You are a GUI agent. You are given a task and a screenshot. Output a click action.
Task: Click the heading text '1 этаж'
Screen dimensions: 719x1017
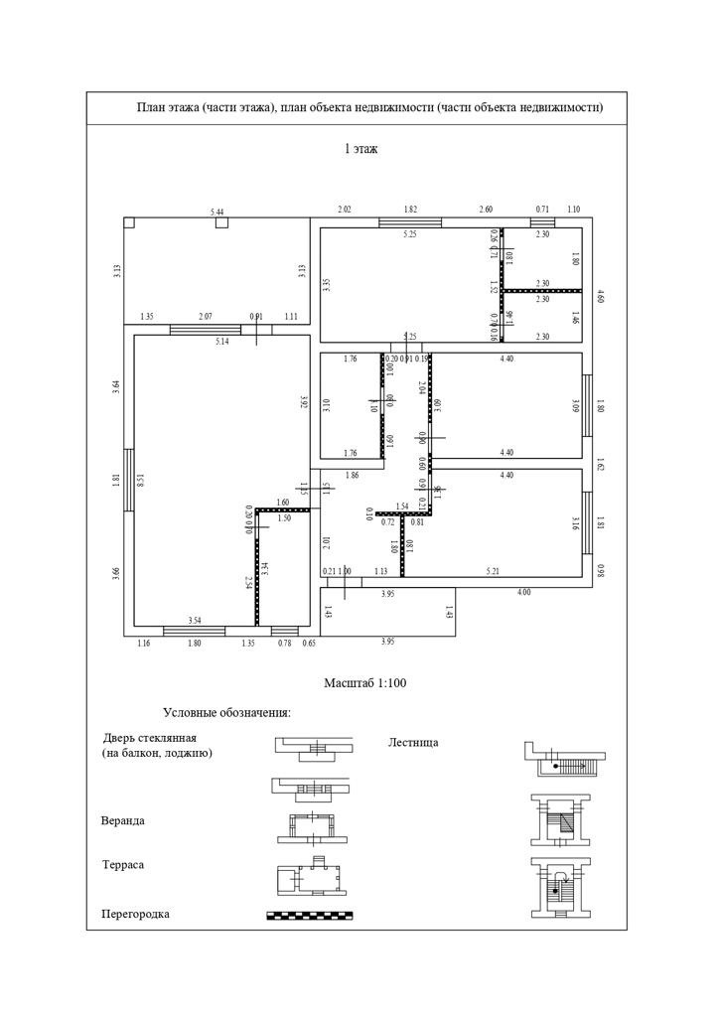point(360,149)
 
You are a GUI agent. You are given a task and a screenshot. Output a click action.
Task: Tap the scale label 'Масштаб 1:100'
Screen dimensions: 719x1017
point(365,683)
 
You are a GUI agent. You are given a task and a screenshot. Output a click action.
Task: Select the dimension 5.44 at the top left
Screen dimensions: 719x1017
point(216,213)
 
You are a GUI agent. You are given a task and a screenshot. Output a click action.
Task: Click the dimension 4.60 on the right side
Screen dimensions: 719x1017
point(599,295)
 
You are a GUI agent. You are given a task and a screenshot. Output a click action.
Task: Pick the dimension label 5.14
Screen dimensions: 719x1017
point(222,342)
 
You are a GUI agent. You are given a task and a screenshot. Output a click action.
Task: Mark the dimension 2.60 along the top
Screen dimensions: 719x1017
point(486,210)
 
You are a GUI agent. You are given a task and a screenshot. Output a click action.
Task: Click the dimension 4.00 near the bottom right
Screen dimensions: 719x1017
point(523,593)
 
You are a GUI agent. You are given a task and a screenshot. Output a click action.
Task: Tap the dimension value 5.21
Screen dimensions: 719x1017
point(493,571)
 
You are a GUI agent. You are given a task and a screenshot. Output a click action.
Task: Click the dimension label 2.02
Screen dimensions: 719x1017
point(345,210)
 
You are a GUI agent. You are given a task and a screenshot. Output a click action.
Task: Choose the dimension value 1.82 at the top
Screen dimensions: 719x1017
point(410,210)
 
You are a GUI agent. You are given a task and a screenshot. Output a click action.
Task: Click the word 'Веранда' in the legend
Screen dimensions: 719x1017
point(123,821)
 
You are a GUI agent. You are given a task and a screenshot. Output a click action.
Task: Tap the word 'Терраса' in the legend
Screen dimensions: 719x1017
point(123,865)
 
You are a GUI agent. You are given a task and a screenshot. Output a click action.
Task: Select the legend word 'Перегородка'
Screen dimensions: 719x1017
point(135,914)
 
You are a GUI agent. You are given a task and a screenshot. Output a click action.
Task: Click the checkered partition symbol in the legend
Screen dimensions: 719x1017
point(311,915)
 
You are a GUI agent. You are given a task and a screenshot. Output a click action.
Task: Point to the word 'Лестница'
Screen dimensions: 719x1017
point(412,742)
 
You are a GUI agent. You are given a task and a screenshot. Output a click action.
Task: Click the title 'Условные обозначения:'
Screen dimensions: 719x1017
point(227,713)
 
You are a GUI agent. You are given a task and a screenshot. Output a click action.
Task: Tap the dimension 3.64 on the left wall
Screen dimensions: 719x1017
point(117,388)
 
